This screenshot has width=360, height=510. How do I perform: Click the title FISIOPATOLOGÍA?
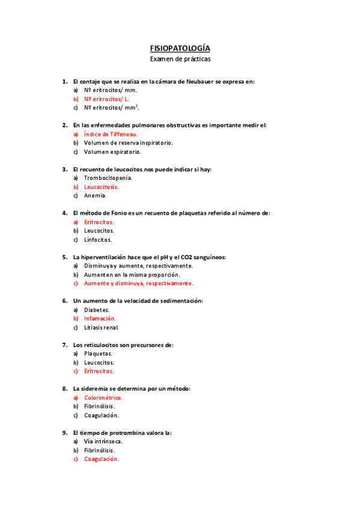pos(180,48)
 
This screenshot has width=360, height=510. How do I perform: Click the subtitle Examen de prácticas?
pos(180,59)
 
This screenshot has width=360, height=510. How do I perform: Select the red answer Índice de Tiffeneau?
pos(111,134)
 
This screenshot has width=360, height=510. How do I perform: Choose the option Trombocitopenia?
pos(108,178)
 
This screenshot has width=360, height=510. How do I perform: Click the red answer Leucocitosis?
pos(101,187)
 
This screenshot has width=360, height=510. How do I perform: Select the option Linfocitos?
pos(99,239)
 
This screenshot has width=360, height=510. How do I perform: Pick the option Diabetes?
pos(97,310)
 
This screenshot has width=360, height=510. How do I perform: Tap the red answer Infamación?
pos(100,319)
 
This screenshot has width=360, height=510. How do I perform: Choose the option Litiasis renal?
pos(102,328)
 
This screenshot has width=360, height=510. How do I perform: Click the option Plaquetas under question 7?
pos(99,354)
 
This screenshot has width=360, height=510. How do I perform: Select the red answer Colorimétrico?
pos(103,398)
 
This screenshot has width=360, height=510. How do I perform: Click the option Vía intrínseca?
pos(103,441)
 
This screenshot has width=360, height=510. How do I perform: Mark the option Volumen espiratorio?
pos(112,152)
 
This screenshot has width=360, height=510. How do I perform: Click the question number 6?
pos(64,301)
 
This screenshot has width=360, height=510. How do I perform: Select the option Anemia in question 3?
pos(95,195)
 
